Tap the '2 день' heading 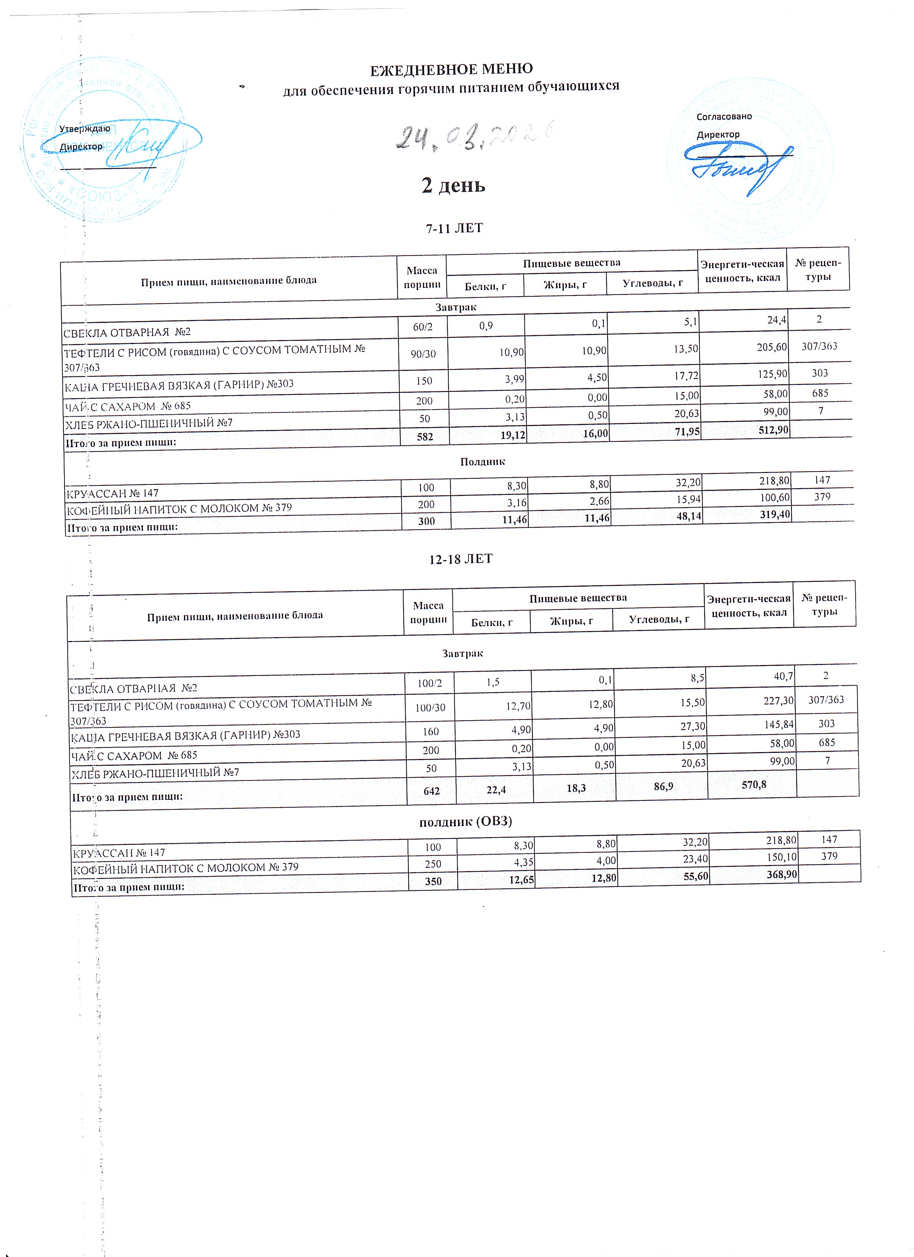coord(453,185)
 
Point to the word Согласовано coord(724,116)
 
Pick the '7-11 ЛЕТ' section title coord(454,228)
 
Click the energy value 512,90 coord(772,430)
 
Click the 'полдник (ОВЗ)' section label coord(465,821)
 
